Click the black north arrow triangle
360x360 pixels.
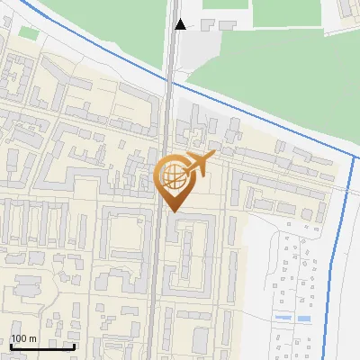pos(181,24)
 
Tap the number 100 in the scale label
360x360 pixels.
pos(19,337)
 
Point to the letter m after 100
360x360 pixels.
pos(32,337)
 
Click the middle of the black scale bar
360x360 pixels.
pos(41,346)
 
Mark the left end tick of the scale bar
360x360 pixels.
pos(10,345)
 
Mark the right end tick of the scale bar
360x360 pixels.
pos(74,345)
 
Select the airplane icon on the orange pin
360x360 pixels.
pos(199,164)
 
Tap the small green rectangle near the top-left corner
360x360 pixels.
pos(29,33)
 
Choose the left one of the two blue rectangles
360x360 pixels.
pos(283,319)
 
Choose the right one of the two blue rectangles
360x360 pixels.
pos(306,319)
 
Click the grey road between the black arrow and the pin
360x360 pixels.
pos(169,108)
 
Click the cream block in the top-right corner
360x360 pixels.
pos(347,13)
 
